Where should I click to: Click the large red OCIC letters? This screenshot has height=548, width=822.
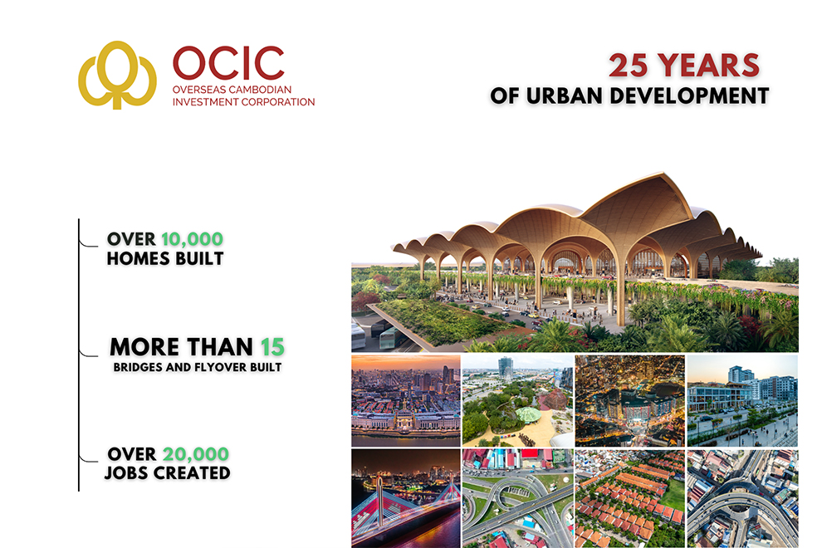pos(228,64)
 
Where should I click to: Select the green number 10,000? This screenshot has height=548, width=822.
pos(192,239)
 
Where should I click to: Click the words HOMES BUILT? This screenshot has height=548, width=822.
pos(164,258)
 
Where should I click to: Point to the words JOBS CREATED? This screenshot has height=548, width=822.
pos(167,473)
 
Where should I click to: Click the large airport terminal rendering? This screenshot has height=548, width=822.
pos(575,266)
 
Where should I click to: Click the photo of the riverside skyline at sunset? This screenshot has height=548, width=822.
pos(404,401)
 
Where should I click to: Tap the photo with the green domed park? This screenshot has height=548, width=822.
pos(516,401)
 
